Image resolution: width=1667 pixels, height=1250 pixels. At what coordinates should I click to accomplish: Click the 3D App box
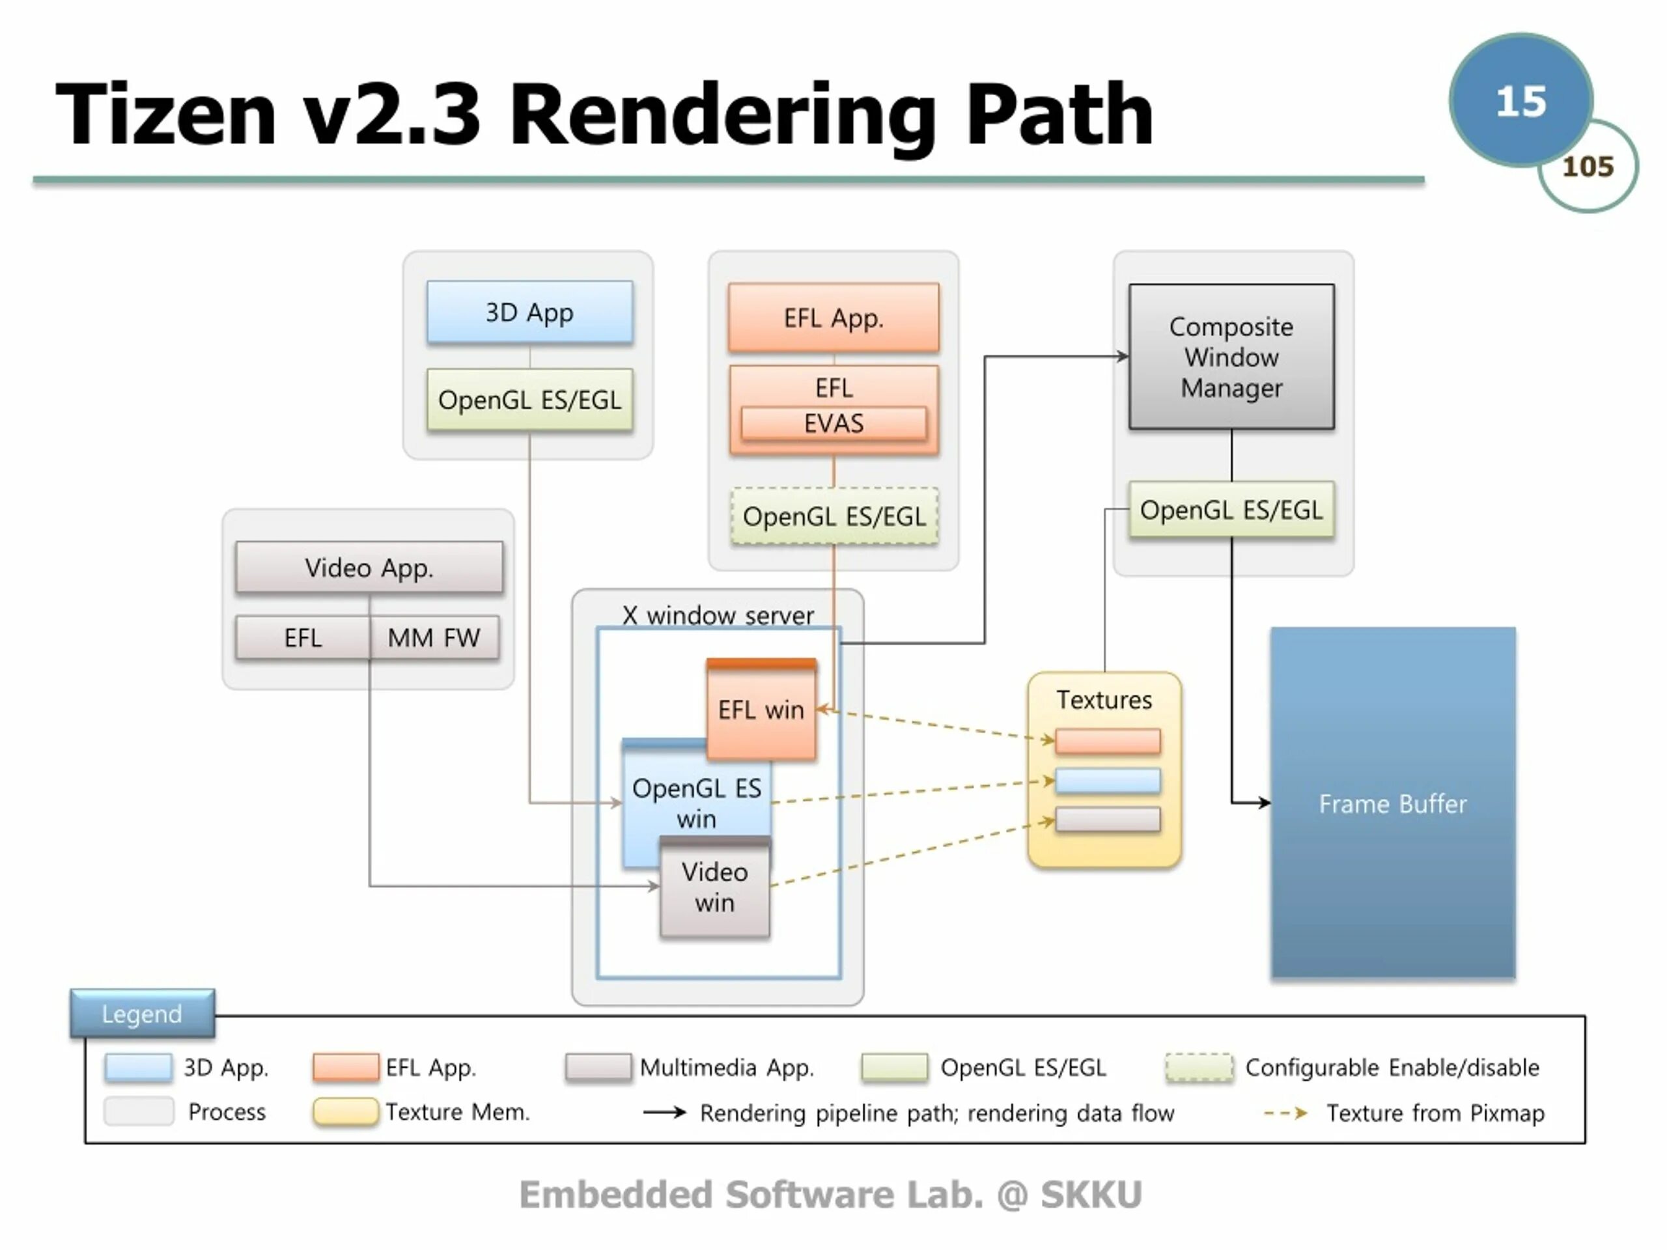point(530,312)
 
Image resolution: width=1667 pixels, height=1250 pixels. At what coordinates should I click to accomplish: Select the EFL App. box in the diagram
point(833,318)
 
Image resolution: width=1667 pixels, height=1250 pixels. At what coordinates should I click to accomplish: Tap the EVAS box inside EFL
point(833,423)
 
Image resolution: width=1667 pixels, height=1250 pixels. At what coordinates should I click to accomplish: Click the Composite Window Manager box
point(1231,356)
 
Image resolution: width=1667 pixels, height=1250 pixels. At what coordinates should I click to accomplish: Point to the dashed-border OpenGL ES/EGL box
point(834,516)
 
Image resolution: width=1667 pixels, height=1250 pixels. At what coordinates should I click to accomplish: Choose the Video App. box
point(369,567)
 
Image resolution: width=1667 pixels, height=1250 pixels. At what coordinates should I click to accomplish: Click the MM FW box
point(434,638)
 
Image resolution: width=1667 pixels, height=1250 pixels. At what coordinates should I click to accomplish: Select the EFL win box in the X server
point(761,709)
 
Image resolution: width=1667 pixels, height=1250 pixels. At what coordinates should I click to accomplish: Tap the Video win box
point(715,887)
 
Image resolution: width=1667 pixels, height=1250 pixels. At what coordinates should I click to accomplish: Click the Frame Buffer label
point(1393,804)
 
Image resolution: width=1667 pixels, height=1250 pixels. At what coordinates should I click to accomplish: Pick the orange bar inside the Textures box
point(1107,742)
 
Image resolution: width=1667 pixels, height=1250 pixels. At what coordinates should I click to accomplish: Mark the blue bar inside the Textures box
point(1107,781)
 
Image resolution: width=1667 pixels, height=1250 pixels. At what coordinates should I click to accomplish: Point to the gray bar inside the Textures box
point(1107,819)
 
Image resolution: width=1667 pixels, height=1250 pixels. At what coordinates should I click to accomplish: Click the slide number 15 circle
point(1520,100)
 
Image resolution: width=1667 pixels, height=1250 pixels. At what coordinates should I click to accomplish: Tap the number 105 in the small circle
point(1588,167)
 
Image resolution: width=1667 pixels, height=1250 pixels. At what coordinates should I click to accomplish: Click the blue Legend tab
point(143,1014)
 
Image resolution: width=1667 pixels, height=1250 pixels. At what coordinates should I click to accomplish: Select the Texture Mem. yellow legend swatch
point(346,1112)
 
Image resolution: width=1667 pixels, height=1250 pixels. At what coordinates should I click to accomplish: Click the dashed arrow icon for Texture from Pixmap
point(1285,1112)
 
